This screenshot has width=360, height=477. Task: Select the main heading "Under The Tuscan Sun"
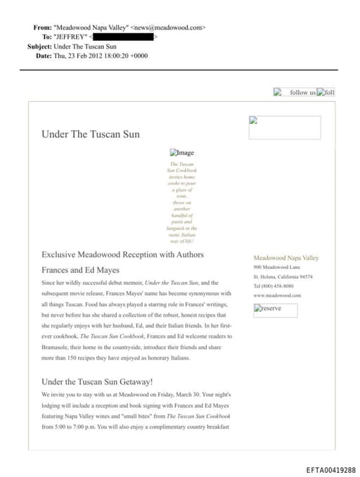click(91, 134)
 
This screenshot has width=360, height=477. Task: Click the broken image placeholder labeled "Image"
click(182, 152)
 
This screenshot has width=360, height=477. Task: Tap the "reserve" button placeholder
click(275, 309)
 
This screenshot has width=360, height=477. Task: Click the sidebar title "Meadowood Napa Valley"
click(286, 258)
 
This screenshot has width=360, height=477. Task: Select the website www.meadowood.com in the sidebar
click(277, 295)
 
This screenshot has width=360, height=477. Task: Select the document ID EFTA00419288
click(330, 469)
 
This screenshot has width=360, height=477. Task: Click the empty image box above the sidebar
click(285, 127)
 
